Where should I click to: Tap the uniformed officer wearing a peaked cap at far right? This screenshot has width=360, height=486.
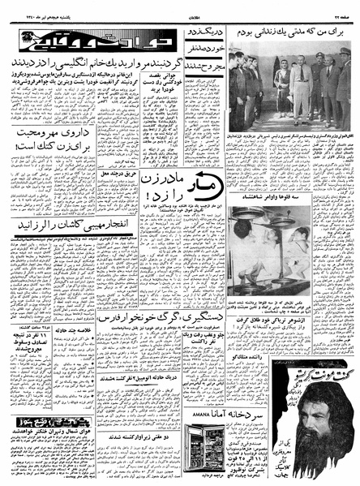(x=343, y=85)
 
